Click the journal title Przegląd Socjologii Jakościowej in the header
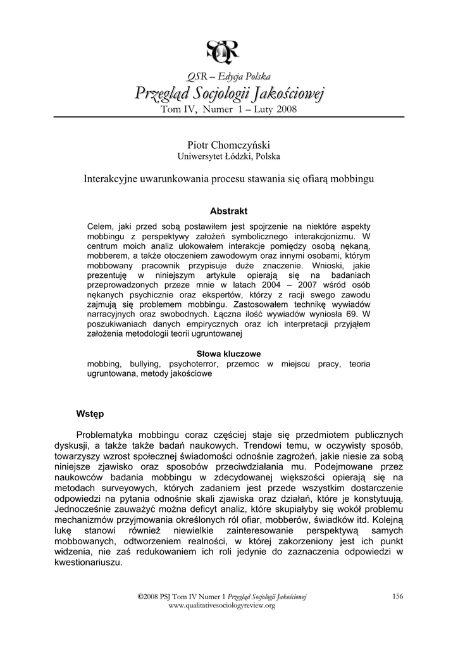[x=228, y=95]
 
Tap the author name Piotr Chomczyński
[x=228, y=146]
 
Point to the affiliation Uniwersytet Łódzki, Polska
[x=228, y=157]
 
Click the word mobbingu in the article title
[x=352, y=179]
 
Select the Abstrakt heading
[x=228, y=211]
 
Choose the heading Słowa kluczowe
[x=228, y=354]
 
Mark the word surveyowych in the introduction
[x=143, y=488]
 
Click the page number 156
[x=398, y=596]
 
